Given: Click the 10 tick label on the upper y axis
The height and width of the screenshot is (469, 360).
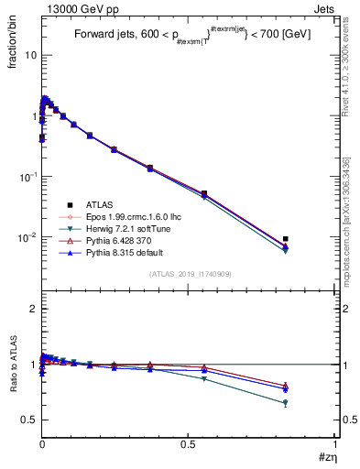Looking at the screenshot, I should (x=31, y=55).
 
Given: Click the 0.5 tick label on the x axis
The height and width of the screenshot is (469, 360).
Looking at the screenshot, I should (x=188, y=444).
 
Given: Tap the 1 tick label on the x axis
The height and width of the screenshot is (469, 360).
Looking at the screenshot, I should (x=334, y=444).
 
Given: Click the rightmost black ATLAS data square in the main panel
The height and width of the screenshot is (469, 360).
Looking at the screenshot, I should (x=286, y=239).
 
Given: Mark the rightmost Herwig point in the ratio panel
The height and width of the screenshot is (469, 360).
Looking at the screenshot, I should (x=286, y=403).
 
